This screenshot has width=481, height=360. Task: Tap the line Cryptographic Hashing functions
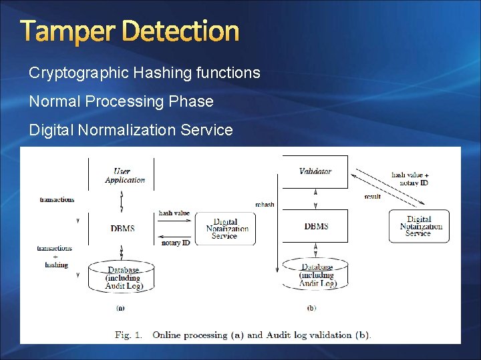pyautogui.click(x=144, y=73)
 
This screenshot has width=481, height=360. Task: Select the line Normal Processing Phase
pyautogui.click(x=121, y=101)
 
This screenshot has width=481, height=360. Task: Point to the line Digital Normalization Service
pyautogui.click(x=131, y=130)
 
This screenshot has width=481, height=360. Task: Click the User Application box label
pyautogui.click(x=124, y=175)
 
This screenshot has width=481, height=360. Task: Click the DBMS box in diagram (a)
pyautogui.click(x=122, y=228)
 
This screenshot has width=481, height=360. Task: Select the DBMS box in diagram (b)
pyautogui.click(x=315, y=227)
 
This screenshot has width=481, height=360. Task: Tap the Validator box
pyautogui.click(x=315, y=171)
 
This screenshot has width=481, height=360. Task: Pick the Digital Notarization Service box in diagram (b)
pyautogui.click(x=418, y=226)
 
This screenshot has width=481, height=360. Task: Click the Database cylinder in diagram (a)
pyautogui.click(x=122, y=277)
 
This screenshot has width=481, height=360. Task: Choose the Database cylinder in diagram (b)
pyautogui.click(x=316, y=275)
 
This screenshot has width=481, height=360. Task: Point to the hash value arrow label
pyautogui.click(x=174, y=213)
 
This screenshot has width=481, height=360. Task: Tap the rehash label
pyautogui.click(x=265, y=204)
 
